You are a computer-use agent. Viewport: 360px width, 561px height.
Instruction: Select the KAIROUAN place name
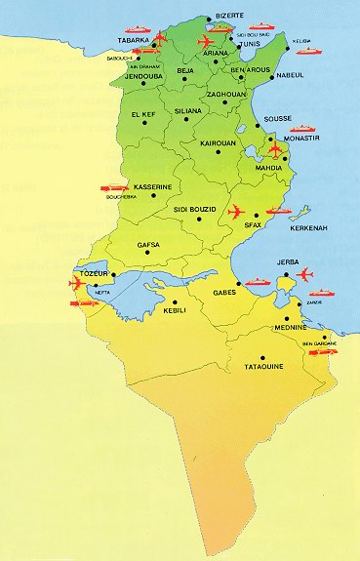(x=218, y=142)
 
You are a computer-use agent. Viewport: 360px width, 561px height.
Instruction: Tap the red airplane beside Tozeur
(x=79, y=284)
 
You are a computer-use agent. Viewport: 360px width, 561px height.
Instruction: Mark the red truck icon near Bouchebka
(x=114, y=187)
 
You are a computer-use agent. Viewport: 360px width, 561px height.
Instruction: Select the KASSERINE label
(x=153, y=185)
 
